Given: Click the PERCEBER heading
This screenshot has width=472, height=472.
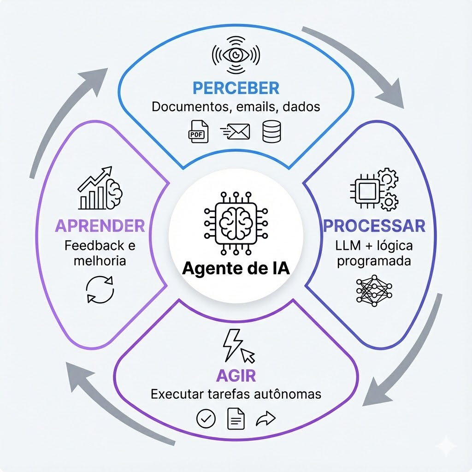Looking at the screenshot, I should point(236,88).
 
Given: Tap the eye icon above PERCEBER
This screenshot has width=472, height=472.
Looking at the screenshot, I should point(236,55).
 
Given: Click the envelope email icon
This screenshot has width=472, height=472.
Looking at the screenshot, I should point(236,131).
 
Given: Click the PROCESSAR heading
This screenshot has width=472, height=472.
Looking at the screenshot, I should point(374,226).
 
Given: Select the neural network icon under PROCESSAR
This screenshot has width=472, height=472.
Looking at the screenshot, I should point(374,291).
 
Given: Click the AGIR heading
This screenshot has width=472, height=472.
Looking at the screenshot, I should point(236,375).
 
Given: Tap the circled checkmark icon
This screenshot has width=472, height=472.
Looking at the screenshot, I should point(206,419).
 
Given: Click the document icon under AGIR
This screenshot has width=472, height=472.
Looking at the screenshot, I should point(236,419).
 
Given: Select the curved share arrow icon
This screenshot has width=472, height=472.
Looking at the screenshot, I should point(265,419).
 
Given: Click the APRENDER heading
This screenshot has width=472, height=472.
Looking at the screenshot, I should point(100,226).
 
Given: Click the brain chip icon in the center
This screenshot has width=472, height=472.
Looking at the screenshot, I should point(236,222).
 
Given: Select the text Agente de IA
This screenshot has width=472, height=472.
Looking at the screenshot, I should point(236,268).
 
